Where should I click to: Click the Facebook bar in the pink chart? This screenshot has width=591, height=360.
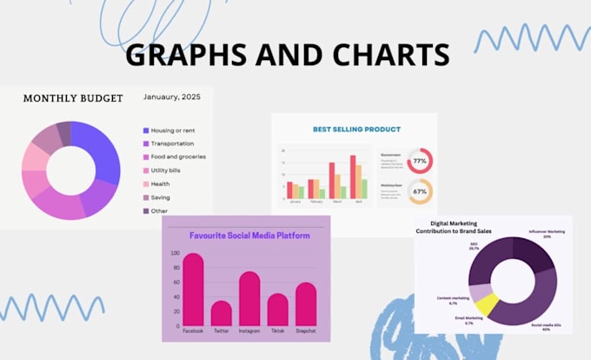click(193, 291)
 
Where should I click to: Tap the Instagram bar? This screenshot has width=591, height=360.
click(249, 299)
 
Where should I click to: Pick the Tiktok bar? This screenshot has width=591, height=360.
click(277, 310)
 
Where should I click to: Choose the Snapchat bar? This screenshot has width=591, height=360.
click(305, 304)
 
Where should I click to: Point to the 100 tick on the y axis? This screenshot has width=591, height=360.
click(174, 254)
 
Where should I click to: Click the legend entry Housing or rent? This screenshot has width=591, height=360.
click(173, 130)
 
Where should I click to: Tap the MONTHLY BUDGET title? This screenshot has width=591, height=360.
click(72, 98)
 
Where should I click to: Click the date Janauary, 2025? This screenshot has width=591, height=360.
click(171, 97)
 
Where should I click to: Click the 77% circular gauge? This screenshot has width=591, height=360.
click(420, 161)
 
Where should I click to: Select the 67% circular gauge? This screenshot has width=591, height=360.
click(420, 191)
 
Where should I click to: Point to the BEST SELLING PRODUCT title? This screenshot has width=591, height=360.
click(356, 129)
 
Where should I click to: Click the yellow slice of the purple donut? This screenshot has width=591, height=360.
click(488, 303)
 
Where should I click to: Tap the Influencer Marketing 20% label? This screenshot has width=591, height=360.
click(548, 234)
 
